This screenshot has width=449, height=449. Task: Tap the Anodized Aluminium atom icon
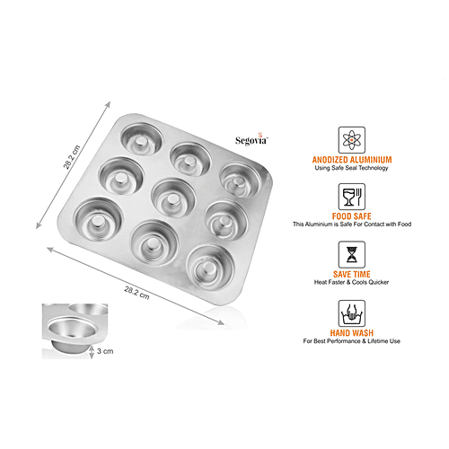point(350,139)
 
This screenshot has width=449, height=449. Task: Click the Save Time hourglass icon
point(350,256)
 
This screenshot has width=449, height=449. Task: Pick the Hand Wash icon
point(350,313)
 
